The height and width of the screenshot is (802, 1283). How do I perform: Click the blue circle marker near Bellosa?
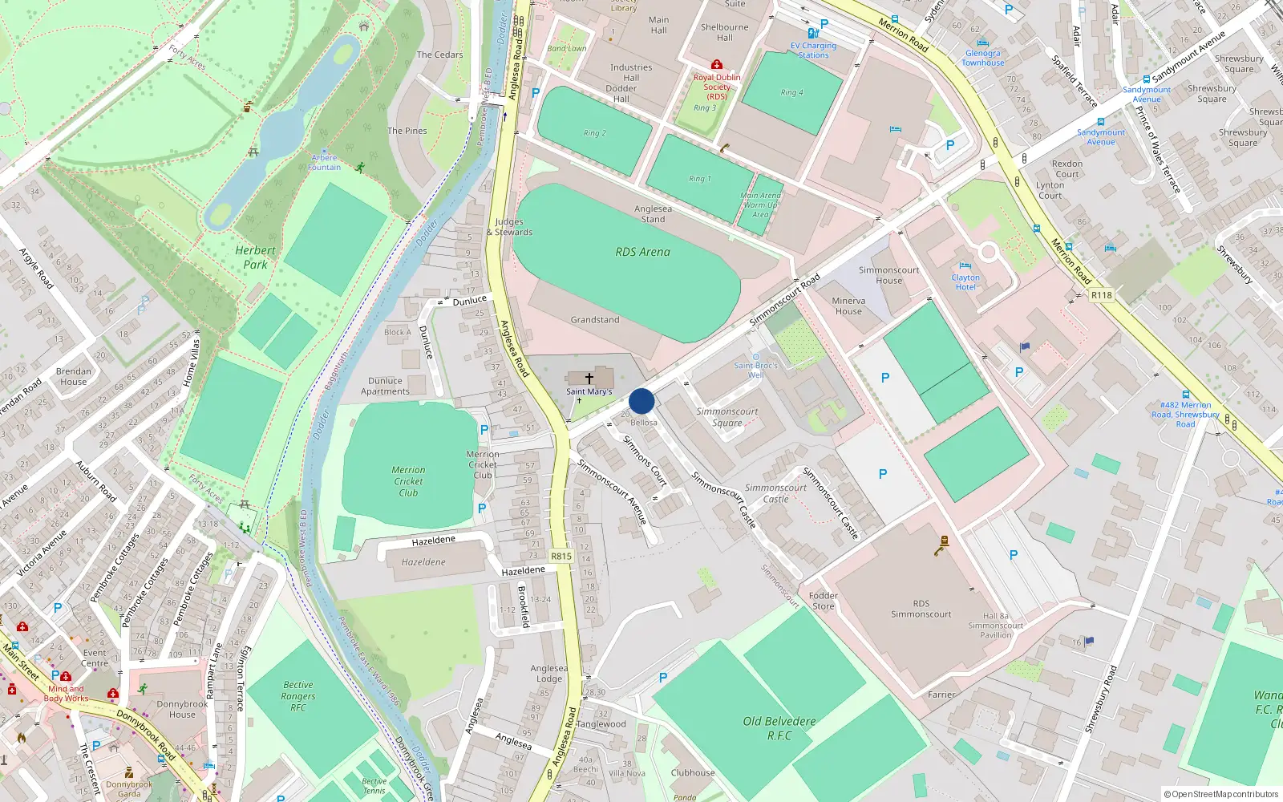pyautogui.click(x=641, y=401)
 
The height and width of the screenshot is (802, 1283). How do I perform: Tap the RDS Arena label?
pyautogui.click(x=642, y=252)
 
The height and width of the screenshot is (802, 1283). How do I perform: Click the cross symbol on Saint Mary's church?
pyautogui.click(x=589, y=378)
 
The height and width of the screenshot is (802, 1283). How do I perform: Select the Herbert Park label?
pyautogui.click(x=255, y=257)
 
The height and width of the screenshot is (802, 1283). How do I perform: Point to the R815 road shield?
pyautogui.click(x=561, y=556)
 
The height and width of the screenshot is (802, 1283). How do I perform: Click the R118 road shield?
pyautogui.click(x=1102, y=295)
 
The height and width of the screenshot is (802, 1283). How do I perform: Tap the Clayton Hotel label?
pyautogui.click(x=965, y=282)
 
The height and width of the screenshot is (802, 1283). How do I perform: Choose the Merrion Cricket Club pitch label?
pyautogui.click(x=408, y=481)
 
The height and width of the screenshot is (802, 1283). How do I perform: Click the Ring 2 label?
pyautogui.click(x=594, y=133)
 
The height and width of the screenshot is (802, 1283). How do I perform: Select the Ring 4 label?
pyautogui.click(x=791, y=92)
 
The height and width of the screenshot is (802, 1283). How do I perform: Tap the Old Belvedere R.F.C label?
pyautogui.click(x=779, y=727)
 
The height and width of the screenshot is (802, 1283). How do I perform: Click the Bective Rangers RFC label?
pyautogui.click(x=297, y=696)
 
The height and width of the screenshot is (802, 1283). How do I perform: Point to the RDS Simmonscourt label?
pyautogui.click(x=921, y=609)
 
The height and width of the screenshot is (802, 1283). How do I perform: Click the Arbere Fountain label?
pyautogui.click(x=325, y=163)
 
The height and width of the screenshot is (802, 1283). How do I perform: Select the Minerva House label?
pyautogui.click(x=848, y=306)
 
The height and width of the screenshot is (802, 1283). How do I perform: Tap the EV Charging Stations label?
pyautogui.click(x=813, y=51)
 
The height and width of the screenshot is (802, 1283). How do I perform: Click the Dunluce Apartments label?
pyautogui.click(x=385, y=386)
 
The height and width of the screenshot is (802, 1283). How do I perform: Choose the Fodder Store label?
pyautogui.click(x=823, y=601)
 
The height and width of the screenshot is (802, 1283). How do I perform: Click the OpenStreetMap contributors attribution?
pyautogui.click(x=1220, y=794)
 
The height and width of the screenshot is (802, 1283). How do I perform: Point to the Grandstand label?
pyautogui.click(x=595, y=319)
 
